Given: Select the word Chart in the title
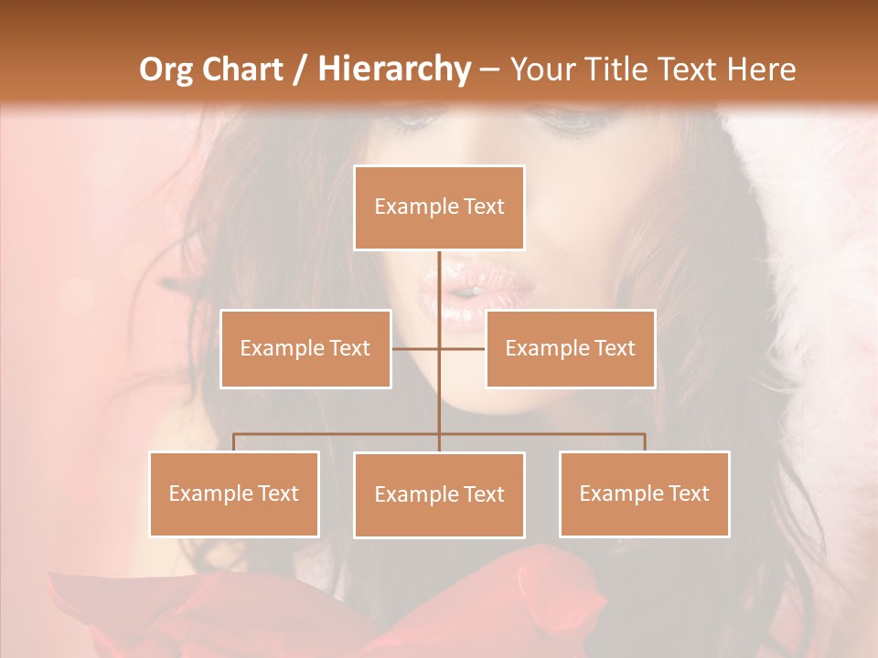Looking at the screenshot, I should pyautogui.click(x=246, y=69).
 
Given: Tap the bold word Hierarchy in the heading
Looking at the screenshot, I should pyautogui.click(x=394, y=69).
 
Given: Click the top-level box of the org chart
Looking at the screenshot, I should pyautogui.click(x=439, y=207).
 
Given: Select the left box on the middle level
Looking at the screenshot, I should pyautogui.click(x=305, y=348).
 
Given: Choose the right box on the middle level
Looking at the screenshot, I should pyautogui.click(x=570, y=348).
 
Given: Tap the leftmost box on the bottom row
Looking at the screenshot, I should pyautogui.click(x=234, y=494).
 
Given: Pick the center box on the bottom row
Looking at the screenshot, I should pyautogui.click(x=439, y=495).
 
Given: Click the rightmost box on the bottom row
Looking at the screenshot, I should pyautogui.click(x=644, y=494).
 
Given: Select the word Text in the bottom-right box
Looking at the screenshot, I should pyautogui.click(x=688, y=494).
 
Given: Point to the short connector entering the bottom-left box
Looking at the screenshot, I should pyautogui.click(x=234, y=442).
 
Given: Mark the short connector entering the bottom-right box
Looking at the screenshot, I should pyautogui.click(x=645, y=442).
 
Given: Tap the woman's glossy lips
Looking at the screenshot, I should pyautogui.click(x=476, y=291).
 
